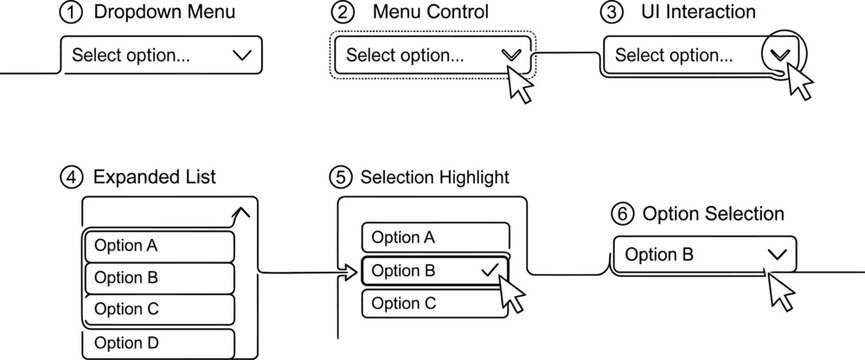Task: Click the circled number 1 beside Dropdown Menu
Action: pos(69,13)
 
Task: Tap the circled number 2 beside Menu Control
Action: pos(342,13)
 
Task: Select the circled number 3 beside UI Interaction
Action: pos(609,13)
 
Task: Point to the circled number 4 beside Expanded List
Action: pos(70,177)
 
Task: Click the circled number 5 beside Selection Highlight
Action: pos(340,177)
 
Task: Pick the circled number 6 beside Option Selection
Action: pos(621,214)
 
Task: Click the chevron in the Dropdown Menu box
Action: pos(241,55)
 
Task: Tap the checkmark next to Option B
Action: pos(489,269)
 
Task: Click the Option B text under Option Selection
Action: pos(659,254)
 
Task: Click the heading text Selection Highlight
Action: pos(435,177)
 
